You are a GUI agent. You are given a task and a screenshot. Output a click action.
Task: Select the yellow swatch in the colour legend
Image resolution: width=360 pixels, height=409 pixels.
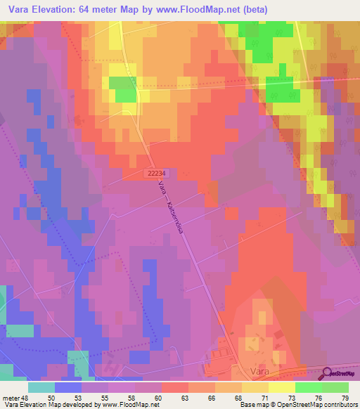[x=281, y=387]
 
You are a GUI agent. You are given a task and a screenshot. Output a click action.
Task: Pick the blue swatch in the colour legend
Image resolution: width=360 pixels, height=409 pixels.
[x=67, y=387]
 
